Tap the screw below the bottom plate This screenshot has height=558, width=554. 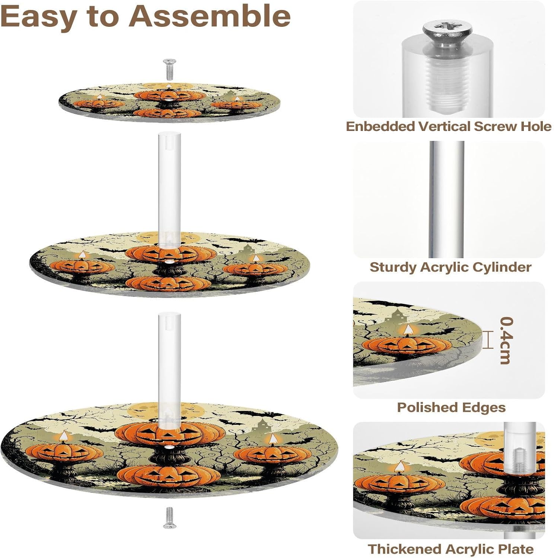pos(169,517)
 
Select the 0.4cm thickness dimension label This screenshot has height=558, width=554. pos(506,340)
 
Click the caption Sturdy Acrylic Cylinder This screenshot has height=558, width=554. pos(450,267)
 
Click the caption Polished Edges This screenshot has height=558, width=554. pos(451,407)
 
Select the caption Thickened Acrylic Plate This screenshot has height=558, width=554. pos(450,549)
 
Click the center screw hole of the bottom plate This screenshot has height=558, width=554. pos(169,446)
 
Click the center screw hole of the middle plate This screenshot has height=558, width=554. pos(170,262)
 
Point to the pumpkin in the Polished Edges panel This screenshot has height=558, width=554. pos(407,345)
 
